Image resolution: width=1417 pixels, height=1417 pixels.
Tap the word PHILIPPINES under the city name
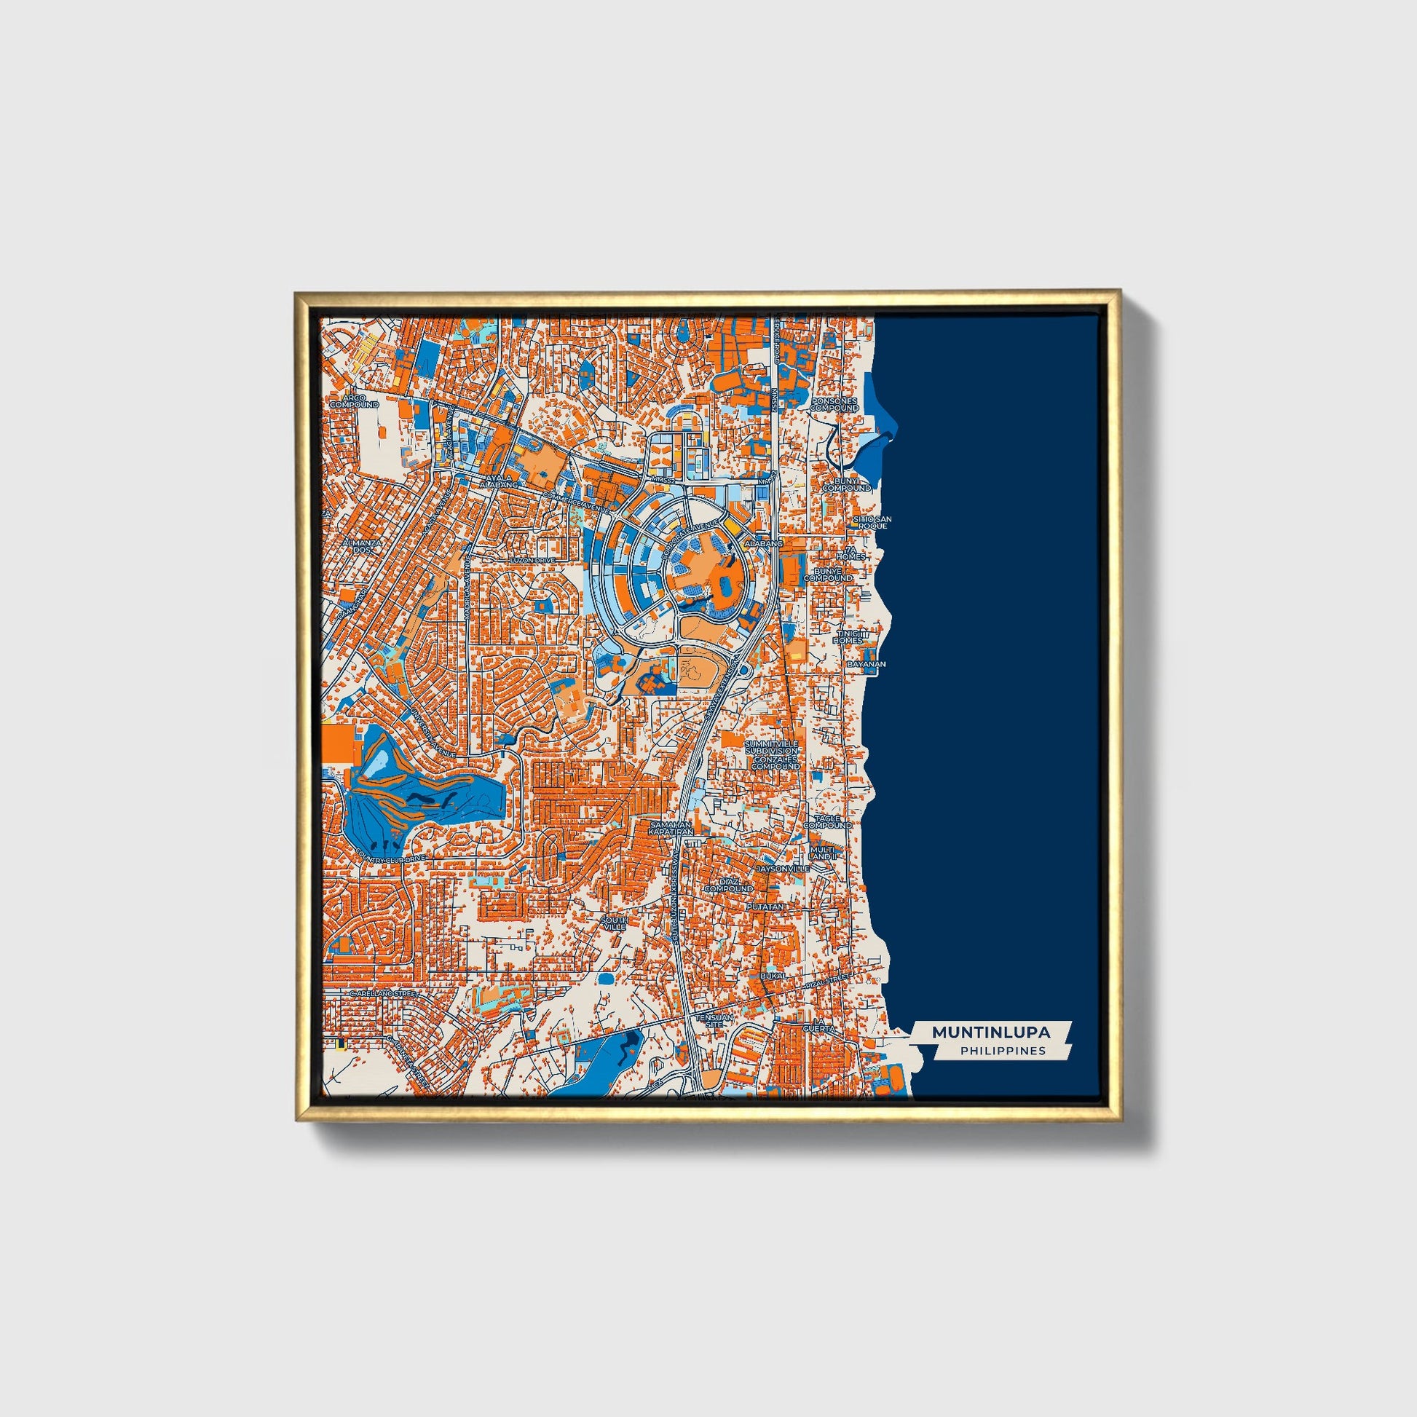pyautogui.click(x=1003, y=1050)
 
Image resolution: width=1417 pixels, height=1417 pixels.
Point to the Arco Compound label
pyautogui.click(x=353, y=401)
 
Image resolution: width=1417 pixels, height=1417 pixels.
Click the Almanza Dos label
pyautogui.click(x=363, y=545)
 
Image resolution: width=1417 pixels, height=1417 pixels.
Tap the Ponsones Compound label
pyautogui.click(x=834, y=404)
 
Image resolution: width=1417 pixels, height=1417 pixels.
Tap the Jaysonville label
pyautogui.click(x=784, y=869)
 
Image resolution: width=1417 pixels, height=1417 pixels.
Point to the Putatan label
pyautogui.click(x=766, y=907)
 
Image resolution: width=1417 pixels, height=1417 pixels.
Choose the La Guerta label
pyautogui.click(x=818, y=1026)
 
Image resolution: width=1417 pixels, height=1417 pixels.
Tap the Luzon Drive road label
pyautogui.click(x=532, y=561)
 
